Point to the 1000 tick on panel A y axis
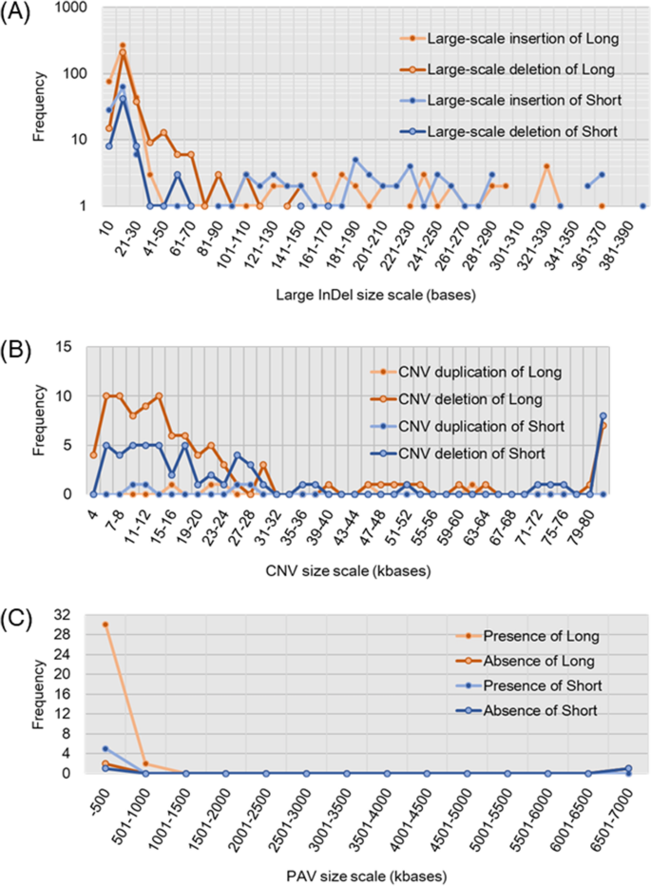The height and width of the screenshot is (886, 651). [x=74, y=8]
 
